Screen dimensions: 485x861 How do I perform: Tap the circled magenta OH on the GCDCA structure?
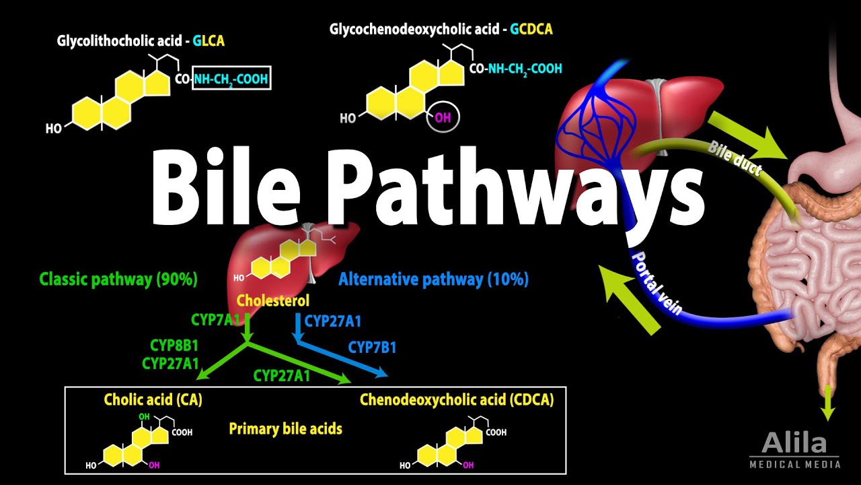click(x=443, y=118)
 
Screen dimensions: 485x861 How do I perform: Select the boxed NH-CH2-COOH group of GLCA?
click(x=231, y=79)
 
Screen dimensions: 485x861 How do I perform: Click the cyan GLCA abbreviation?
click(x=209, y=41)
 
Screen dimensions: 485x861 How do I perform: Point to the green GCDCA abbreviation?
click(x=531, y=29)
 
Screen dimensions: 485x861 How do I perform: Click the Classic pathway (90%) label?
click(x=118, y=279)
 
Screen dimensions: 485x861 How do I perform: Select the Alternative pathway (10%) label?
click(x=433, y=279)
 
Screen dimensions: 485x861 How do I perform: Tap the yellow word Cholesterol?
click(x=273, y=300)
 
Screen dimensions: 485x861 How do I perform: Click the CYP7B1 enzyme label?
click(x=372, y=348)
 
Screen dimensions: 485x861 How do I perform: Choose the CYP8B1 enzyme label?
click(x=174, y=346)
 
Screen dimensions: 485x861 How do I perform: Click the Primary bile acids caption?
click(x=285, y=428)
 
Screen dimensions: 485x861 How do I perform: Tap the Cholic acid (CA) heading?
click(x=153, y=399)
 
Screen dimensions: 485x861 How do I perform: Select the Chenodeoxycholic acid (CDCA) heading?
click(x=457, y=399)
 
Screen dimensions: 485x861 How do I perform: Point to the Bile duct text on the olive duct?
click(x=735, y=158)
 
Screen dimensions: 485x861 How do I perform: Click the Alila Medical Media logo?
click(x=794, y=450)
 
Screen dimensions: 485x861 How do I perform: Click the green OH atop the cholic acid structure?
click(x=143, y=416)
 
